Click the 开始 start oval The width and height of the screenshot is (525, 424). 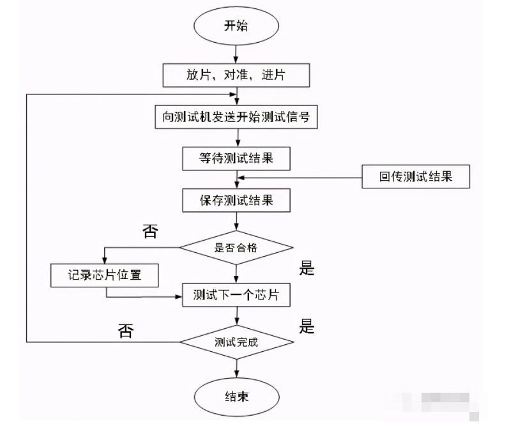[x=236, y=26]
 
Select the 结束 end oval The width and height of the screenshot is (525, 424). [x=236, y=397]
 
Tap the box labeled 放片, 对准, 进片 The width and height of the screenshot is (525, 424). [x=236, y=75]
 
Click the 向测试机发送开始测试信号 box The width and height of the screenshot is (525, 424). [x=236, y=117]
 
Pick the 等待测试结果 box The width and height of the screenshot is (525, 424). [x=236, y=158]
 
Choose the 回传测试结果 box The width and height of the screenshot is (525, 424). [x=416, y=177]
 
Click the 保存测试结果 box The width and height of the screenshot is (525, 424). [x=236, y=200]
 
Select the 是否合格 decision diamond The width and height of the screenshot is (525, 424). [x=236, y=247]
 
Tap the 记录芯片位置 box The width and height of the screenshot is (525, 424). [x=105, y=276]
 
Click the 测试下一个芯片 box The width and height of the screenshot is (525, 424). [x=236, y=294]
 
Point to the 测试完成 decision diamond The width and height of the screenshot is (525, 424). [x=236, y=342]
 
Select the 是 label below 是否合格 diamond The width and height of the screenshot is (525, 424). [x=307, y=269]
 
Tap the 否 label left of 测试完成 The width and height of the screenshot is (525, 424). [x=126, y=331]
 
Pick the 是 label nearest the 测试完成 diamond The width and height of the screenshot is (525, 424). [x=307, y=328]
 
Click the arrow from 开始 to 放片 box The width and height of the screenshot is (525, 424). [x=237, y=54]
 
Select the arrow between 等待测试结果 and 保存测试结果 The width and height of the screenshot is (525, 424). [x=237, y=179]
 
